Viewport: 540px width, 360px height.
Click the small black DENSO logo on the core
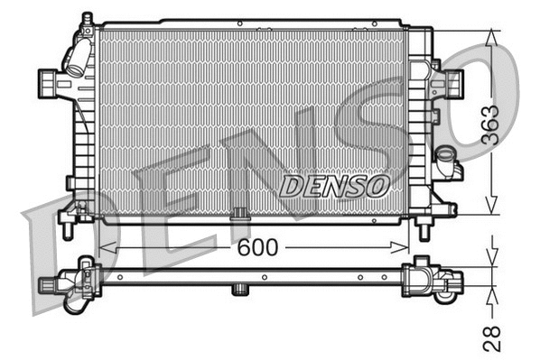[333, 186]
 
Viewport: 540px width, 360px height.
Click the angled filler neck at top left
[76, 56]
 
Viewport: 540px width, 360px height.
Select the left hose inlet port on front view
[48, 82]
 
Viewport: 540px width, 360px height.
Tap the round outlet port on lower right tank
[446, 168]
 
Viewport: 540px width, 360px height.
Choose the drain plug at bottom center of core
[240, 215]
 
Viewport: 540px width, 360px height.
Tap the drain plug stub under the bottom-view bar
[240, 290]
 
